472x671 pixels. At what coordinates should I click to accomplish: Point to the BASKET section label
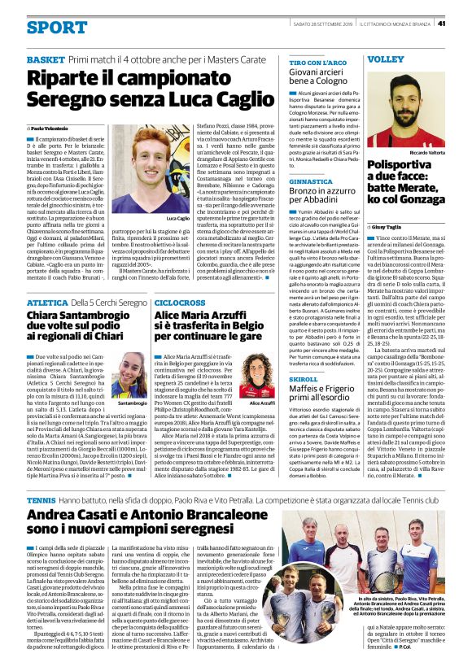pyautogui.click(x=45, y=60)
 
